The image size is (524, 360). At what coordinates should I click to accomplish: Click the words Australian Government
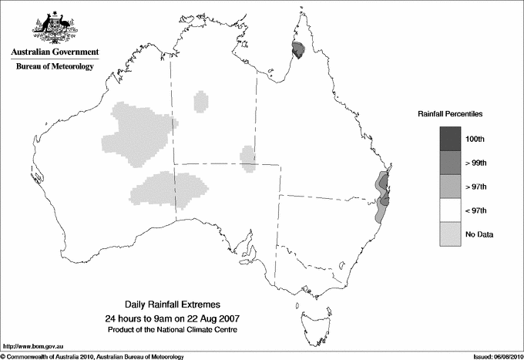pos(55,52)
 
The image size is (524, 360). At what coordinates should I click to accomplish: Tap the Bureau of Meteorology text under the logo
pos(55,66)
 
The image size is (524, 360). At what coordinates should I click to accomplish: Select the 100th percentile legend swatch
pos(450,138)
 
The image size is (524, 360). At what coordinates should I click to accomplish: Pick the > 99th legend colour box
pos(450,162)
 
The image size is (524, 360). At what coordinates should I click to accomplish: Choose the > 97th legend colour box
pos(450,186)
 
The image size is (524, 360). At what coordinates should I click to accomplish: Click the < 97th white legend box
pos(450,210)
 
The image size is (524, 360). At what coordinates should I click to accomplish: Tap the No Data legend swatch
pos(450,234)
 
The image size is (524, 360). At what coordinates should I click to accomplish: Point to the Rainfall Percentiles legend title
pos(450,113)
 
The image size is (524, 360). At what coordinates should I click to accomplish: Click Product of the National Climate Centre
pos(171,330)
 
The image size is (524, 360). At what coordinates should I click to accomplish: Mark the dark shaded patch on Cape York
pos(298,51)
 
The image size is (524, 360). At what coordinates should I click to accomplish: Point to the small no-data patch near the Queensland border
pos(248,159)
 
